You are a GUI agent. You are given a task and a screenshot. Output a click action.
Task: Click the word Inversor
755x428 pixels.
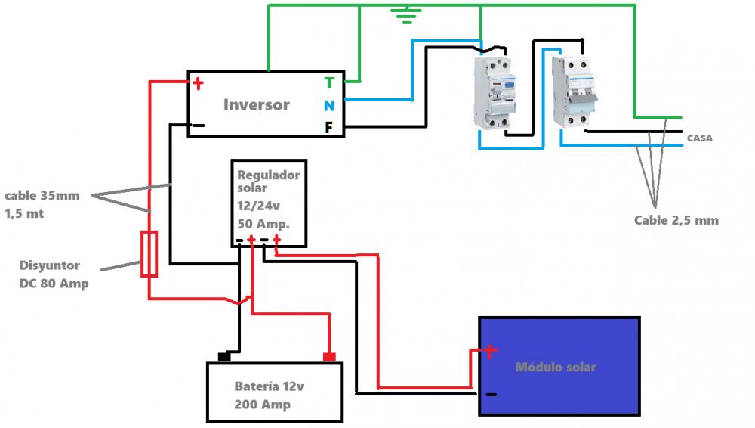click(257, 104)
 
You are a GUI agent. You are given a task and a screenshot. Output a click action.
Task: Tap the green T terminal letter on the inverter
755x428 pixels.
click(329, 83)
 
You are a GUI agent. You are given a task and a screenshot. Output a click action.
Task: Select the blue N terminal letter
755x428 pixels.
click(329, 106)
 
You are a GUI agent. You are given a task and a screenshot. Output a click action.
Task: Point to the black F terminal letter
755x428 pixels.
click(329, 127)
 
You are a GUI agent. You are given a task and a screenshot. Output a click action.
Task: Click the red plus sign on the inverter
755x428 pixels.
click(198, 84)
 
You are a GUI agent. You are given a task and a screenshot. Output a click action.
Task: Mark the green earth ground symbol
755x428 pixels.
click(407, 14)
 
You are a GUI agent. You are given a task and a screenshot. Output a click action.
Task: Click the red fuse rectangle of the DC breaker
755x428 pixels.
click(149, 254)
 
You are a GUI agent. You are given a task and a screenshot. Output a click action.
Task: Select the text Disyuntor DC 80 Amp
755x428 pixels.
click(54, 274)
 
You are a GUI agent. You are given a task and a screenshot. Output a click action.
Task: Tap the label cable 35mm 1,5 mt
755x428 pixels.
click(42, 204)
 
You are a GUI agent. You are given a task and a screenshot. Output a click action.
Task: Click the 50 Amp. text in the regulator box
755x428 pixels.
click(263, 224)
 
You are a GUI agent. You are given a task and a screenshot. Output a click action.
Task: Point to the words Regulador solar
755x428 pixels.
click(268, 181)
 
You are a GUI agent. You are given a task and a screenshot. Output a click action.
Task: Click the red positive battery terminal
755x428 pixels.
click(329, 357)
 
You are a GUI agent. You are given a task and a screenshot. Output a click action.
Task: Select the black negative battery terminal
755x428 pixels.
click(224, 357)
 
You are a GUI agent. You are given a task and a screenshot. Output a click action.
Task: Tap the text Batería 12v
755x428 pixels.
click(270, 386)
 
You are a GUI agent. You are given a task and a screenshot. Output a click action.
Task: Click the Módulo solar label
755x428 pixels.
click(556, 368)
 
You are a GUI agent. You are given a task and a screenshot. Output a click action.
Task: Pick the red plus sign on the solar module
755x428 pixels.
click(490, 351)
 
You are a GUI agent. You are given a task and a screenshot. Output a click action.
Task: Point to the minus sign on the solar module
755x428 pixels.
click(492, 395)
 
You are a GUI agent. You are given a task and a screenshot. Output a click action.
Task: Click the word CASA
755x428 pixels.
click(700, 138)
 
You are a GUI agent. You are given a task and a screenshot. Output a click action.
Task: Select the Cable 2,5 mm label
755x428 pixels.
click(676, 221)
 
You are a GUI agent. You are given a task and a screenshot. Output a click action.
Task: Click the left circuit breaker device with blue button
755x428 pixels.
click(495, 93)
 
